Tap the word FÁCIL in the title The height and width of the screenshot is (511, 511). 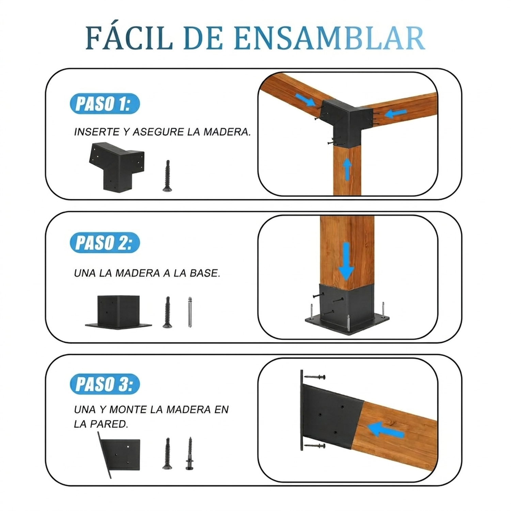point(129,38)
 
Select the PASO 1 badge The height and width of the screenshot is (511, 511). point(104,104)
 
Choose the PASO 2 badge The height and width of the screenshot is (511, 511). point(104,243)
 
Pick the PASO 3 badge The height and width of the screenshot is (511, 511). point(104,384)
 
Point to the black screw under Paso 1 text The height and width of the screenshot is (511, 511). point(167,176)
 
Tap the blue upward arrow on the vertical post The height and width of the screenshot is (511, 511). point(347,169)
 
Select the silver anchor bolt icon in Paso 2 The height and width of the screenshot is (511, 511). point(190,312)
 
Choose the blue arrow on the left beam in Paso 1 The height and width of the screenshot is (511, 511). point(305,100)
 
